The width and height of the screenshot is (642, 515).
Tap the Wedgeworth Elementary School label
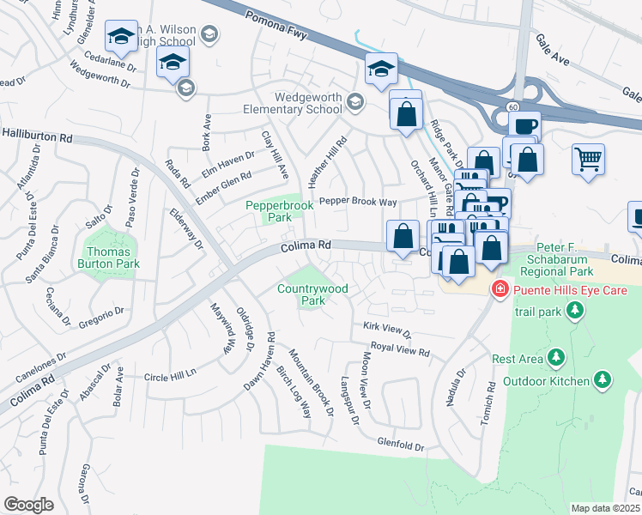[x=307, y=104]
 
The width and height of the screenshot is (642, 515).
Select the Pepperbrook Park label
[x=280, y=211]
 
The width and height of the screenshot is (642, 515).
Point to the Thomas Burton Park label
[x=111, y=257]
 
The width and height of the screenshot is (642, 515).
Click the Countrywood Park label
[x=312, y=294]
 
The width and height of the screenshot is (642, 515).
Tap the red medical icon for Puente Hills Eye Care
[x=498, y=291]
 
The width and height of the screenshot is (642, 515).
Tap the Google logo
[x=28, y=505]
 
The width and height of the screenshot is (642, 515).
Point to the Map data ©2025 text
[x=605, y=508]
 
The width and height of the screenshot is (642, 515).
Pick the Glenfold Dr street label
[x=401, y=445]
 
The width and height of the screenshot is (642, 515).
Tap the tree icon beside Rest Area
[x=556, y=356]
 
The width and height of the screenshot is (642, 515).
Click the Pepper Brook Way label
[x=358, y=203]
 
